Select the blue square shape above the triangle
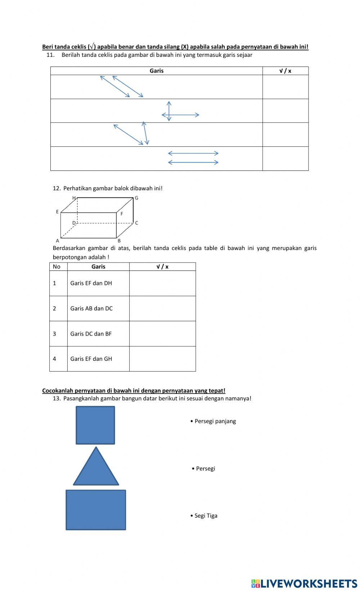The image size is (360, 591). click(x=95, y=425)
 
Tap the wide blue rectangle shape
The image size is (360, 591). click(x=96, y=510)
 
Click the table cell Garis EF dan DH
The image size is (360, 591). click(x=91, y=283)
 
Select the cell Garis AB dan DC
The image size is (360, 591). click(x=91, y=308)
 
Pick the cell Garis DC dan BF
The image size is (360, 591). click(x=91, y=334)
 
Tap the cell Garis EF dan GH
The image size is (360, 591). click(x=91, y=359)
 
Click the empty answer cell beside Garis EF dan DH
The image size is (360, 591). click(x=162, y=283)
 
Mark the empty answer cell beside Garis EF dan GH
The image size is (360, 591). click(x=162, y=359)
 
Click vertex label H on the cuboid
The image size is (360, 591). click(x=74, y=198)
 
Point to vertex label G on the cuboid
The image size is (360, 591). click(x=136, y=198)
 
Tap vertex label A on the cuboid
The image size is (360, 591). click(x=58, y=241)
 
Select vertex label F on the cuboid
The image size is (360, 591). click(x=122, y=214)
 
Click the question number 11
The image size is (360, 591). click(x=50, y=55)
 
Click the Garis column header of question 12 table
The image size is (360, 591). click(x=98, y=267)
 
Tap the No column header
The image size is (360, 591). click(x=57, y=267)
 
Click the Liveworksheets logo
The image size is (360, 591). click(x=304, y=583)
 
